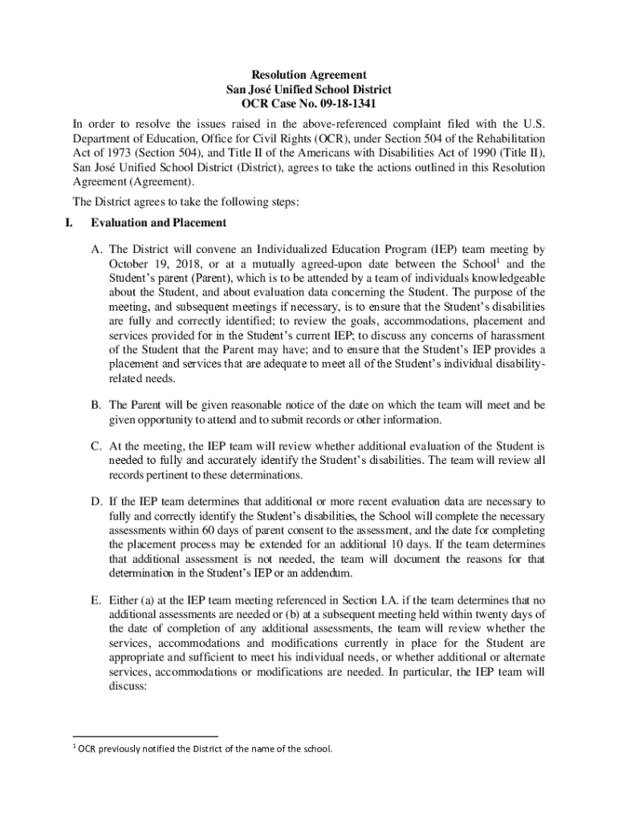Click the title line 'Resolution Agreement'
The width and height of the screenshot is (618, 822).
[309, 75]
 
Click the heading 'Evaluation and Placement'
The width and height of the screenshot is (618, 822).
[159, 222]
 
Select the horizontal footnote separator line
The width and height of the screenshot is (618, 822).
[145, 735]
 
